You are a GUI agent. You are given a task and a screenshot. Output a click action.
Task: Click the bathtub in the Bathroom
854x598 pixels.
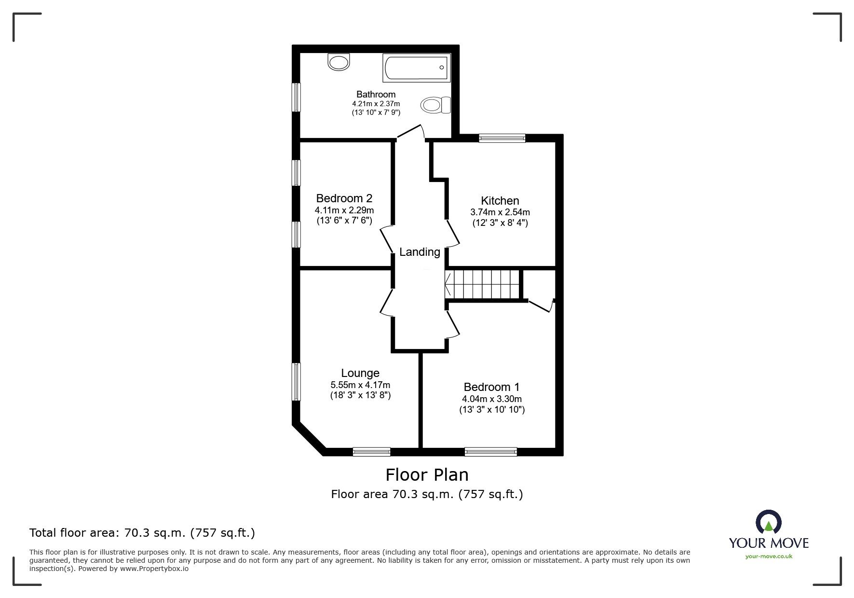(x=417, y=68)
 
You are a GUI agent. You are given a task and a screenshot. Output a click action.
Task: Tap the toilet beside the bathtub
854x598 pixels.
(x=435, y=105)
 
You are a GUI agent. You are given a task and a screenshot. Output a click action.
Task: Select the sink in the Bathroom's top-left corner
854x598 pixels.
(x=339, y=62)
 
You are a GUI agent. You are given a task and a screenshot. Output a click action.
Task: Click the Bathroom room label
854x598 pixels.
(x=376, y=94)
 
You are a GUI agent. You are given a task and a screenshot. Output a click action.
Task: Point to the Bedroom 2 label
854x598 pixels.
(x=344, y=198)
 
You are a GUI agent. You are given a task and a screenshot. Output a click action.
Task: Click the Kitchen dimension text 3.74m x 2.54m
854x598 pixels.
(x=500, y=212)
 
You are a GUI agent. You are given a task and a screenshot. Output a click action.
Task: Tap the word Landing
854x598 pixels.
(x=420, y=252)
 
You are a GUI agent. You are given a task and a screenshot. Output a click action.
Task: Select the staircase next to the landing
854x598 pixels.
(x=484, y=284)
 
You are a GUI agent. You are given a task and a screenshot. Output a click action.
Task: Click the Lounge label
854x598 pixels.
(x=360, y=373)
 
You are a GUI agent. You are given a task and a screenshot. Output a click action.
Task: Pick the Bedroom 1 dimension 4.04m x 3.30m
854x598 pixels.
(x=491, y=399)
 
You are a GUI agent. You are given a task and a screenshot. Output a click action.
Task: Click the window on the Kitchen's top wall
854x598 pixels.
(x=502, y=138)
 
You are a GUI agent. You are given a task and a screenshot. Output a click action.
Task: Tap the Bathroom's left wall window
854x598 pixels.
(x=297, y=97)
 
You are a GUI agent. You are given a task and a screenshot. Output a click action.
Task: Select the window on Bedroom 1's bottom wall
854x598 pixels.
(x=490, y=452)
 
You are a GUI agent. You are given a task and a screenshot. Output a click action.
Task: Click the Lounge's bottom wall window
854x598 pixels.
(x=371, y=452)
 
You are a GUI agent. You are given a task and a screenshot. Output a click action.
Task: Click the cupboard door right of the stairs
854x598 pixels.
(x=541, y=305)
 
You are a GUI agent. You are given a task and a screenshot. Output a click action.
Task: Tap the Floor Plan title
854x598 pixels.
(x=427, y=474)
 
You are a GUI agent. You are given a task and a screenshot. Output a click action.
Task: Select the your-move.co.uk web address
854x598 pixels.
(x=769, y=556)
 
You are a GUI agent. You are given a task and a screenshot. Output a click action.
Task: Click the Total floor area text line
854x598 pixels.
(x=142, y=533)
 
